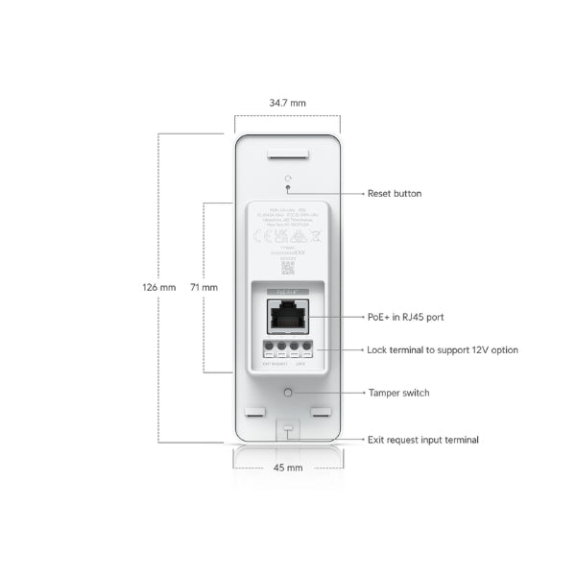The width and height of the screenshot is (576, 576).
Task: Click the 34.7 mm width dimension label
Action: tap(288, 102)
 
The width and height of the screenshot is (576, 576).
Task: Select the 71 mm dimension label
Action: tap(204, 287)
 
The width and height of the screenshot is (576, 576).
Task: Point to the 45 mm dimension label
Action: tap(288, 468)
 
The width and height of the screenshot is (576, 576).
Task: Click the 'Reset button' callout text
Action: tap(394, 194)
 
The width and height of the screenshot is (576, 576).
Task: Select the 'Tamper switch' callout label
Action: tap(398, 393)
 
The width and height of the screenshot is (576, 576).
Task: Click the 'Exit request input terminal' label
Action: tap(423, 440)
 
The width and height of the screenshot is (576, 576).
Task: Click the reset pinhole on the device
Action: tap(288, 190)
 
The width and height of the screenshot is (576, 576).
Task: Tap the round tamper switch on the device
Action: tap(288, 393)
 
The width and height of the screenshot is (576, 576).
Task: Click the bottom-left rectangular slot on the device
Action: tap(253, 413)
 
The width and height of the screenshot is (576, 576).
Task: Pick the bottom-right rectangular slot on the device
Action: tap(323, 413)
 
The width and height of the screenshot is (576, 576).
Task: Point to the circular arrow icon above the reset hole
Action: tap(288, 179)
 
